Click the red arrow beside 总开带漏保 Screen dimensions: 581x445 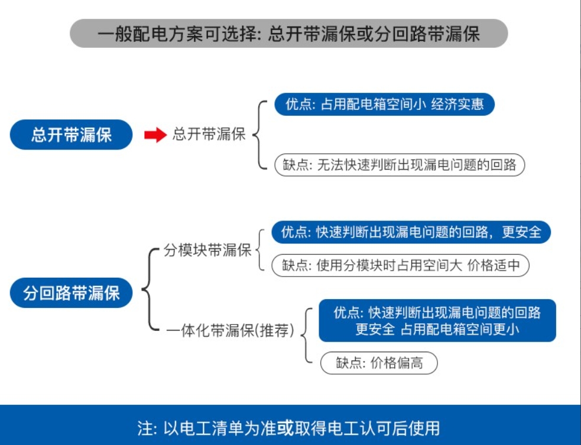click(155, 135)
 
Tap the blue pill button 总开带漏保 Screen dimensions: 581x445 click(71, 135)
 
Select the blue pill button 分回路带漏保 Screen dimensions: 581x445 click(71, 293)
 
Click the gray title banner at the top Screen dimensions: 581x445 click(288, 33)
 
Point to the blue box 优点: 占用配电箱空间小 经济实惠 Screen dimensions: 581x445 click(384, 104)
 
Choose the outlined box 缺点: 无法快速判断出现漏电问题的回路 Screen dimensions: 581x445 click(400, 164)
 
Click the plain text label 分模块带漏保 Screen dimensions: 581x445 click(207, 250)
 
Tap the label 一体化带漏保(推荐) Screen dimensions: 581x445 click(230, 330)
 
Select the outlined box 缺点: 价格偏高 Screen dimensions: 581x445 click(379, 363)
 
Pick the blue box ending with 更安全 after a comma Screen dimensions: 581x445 click(411, 232)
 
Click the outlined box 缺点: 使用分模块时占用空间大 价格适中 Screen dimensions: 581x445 click(400, 265)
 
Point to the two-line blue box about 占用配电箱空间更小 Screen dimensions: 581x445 click(437, 320)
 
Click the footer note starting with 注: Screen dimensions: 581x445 click(288, 428)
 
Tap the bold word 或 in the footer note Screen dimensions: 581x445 click(285, 428)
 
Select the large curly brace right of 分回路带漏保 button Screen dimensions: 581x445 click(150, 289)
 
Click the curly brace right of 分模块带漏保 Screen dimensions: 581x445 click(260, 250)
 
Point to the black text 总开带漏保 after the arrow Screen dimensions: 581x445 click(209, 134)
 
